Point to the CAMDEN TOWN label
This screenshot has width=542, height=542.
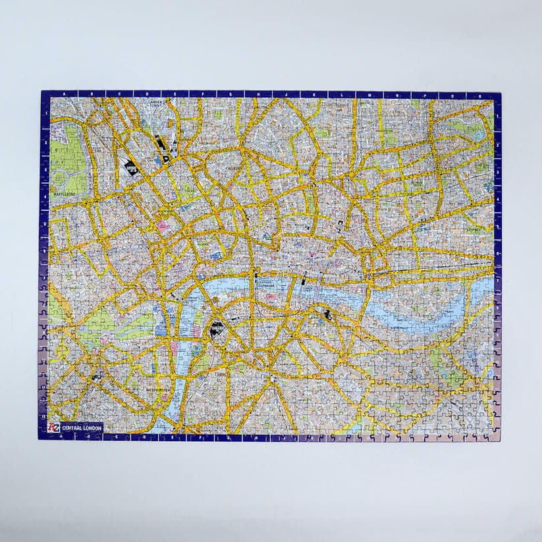tap(156, 103)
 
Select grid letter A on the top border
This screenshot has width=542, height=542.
tap(63, 94)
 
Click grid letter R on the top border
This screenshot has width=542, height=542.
tap(484, 95)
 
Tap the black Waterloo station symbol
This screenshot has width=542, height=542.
tap(216, 329)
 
